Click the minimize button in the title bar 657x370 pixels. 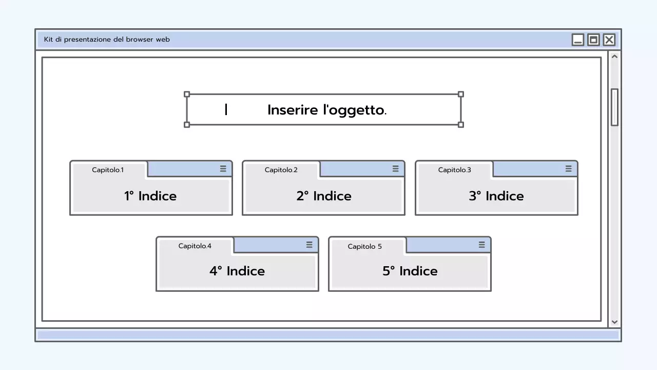click(x=578, y=40)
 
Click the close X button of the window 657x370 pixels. click(x=609, y=40)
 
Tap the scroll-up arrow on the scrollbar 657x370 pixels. click(x=614, y=57)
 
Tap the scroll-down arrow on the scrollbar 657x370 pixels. click(x=614, y=322)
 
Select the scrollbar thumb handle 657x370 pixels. click(x=614, y=107)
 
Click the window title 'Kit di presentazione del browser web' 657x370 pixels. click(x=107, y=40)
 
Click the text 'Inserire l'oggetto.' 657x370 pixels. click(x=327, y=110)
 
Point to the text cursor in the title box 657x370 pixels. click(x=226, y=109)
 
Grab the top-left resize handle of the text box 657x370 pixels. click(x=187, y=95)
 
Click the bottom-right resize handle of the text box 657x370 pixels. click(x=460, y=124)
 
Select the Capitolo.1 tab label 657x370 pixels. click(x=108, y=170)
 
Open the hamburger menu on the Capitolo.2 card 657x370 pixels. click(x=395, y=169)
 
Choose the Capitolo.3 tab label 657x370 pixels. click(x=454, y=170)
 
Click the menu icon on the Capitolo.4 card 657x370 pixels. click(x=309, y=245)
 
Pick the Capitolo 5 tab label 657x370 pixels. click(x=364, y=246)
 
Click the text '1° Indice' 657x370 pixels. click(x=150, y=196)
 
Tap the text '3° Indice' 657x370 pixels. click(x=496, y=196)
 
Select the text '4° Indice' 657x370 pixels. click(x=237, y=271)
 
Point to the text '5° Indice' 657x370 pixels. click(x=410, y=271)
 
